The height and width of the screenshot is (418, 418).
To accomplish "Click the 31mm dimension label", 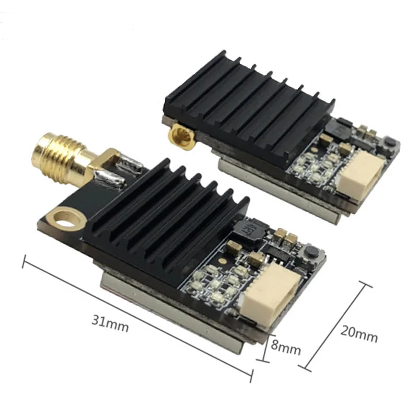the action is click(110, 323).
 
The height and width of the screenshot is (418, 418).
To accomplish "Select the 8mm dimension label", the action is click(286, 346).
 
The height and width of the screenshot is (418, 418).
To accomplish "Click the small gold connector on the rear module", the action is click(182, 135).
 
